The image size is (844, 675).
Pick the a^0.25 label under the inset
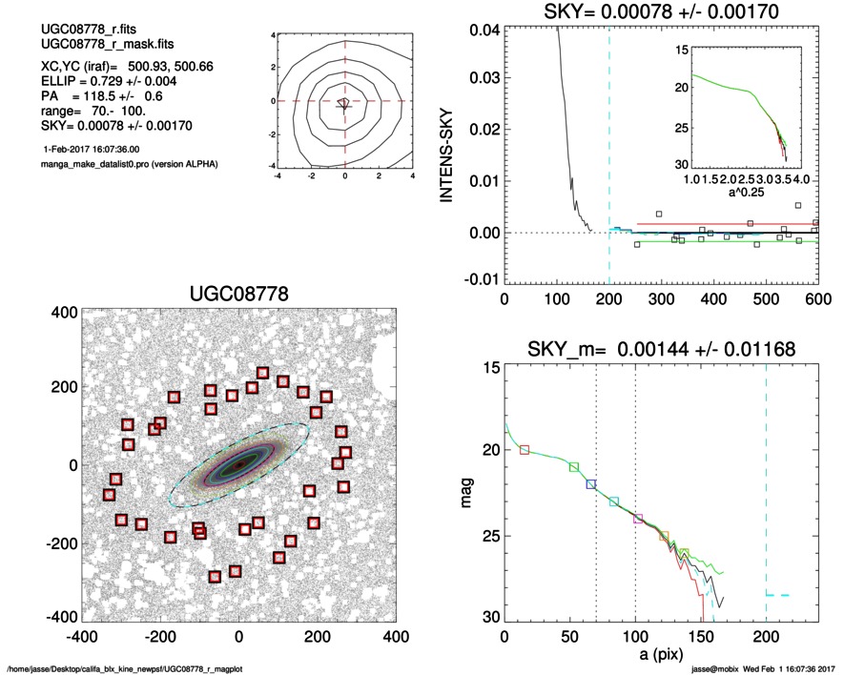[752, 194]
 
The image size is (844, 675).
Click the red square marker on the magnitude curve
[524, 450]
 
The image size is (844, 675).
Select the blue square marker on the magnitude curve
[591, 484]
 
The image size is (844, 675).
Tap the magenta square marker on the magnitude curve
[638, 519]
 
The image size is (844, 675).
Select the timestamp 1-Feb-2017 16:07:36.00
[92, 150]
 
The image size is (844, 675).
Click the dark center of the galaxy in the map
[239, 463]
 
